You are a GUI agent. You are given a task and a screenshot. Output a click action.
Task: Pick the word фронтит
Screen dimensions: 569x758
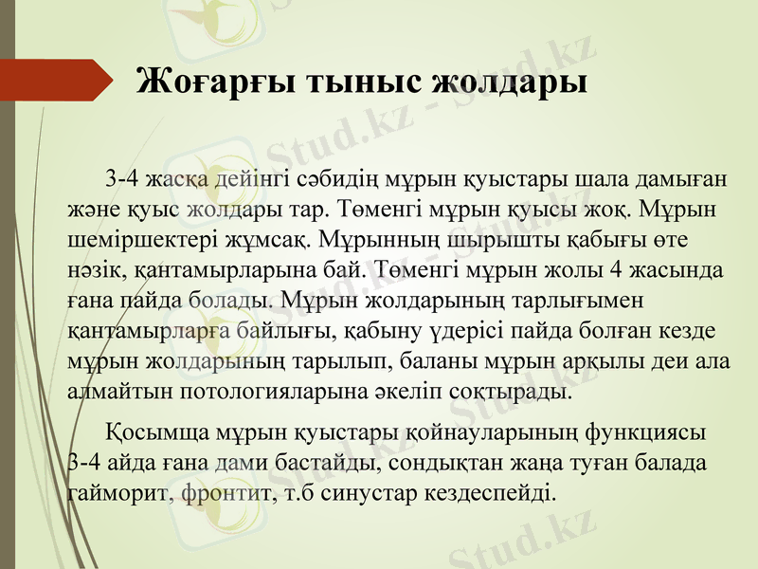(x=223, y=494)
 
